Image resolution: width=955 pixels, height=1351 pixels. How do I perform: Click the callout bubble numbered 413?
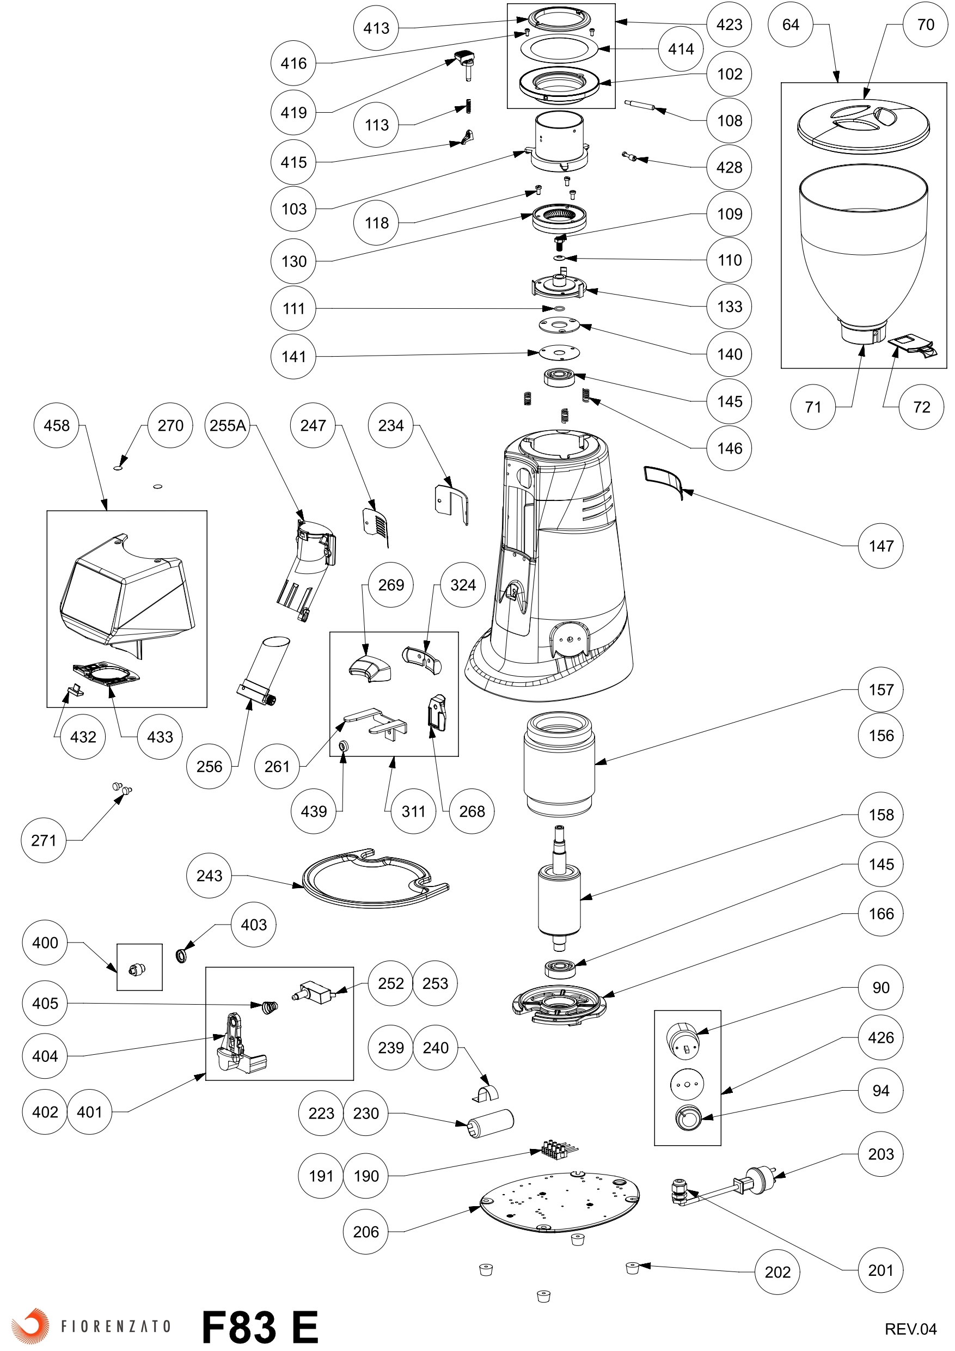(376, 28)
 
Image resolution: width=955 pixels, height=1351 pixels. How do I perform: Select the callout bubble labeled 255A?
(228, 425)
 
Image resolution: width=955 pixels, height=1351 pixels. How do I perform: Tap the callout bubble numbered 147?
(881, 546)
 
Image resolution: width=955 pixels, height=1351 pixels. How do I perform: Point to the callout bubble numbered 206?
(365, 1232)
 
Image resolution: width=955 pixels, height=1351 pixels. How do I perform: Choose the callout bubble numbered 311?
(413, 811)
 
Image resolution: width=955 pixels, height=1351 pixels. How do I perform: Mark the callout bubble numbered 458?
(57, 425)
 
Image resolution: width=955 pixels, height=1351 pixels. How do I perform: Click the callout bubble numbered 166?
(881, 913)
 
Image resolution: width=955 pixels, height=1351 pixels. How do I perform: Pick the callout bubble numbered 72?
(921, 407)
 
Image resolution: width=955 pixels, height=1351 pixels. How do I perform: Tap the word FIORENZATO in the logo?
(116, 1326)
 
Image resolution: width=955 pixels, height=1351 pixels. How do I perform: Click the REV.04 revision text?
(910, 1328)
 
